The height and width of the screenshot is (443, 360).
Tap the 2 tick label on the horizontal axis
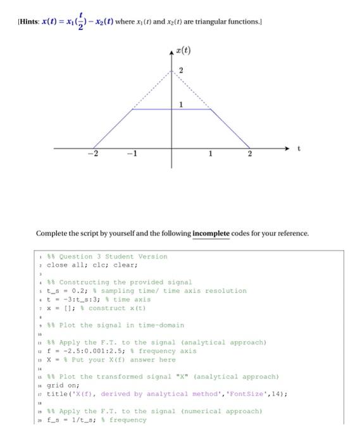pyautogui.click(x=249, y=156)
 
